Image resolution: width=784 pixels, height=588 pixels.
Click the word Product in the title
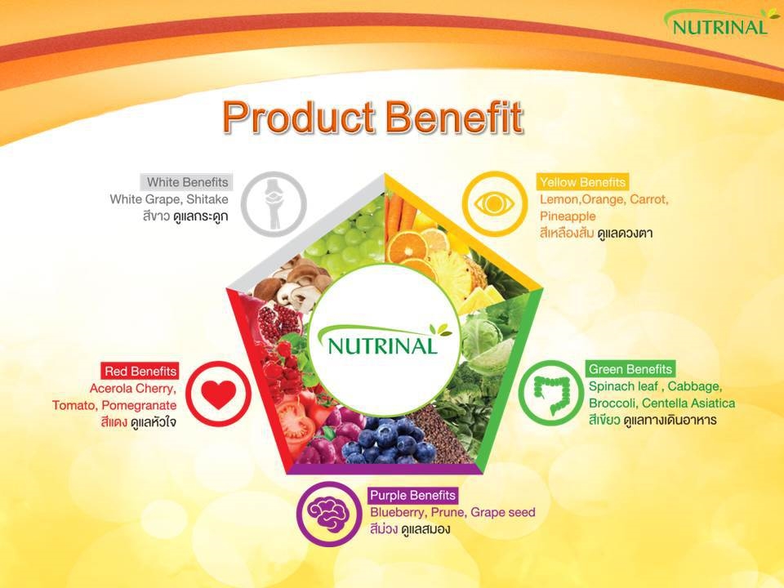pos(299,118)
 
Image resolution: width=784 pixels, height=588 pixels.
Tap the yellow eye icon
pos(494,203)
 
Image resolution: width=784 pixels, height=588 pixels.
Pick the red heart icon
pos(219,394)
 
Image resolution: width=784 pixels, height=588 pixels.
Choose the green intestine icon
pos(550,393)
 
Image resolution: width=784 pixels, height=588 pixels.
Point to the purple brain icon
pos(328,514)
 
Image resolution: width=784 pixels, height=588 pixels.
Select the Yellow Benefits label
pos(582,182)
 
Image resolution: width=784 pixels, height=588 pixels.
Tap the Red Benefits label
pos(140,371)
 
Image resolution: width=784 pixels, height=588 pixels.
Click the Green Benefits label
pos(630,369)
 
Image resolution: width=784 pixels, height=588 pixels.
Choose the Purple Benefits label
pos(412,495)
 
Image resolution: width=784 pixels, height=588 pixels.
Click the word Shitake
pos(207,199)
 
